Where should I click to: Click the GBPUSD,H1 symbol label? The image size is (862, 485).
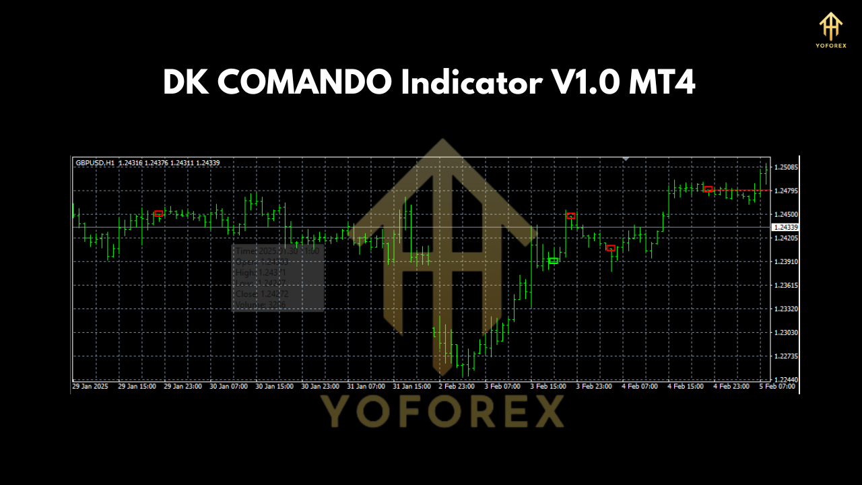pos(95,163)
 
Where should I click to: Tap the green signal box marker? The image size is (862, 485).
pos(553,261)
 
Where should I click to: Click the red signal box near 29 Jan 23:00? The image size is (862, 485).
pos(158,214)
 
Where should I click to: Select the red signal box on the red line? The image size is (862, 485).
pos(708,189)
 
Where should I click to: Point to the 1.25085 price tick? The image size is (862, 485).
pos(786,167)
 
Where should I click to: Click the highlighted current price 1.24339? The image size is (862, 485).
pos(786,227)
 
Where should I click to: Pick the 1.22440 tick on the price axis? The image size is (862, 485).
pos(786,380)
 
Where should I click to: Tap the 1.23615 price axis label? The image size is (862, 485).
pos(786,286)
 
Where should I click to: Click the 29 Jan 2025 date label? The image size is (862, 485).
pos(90,387)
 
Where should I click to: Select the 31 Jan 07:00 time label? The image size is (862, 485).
pos(366,387)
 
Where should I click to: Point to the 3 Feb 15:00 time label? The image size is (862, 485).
pos(550,387)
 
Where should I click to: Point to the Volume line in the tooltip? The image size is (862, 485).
pos(260,305)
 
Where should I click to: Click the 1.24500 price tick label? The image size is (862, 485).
pos(786,214)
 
